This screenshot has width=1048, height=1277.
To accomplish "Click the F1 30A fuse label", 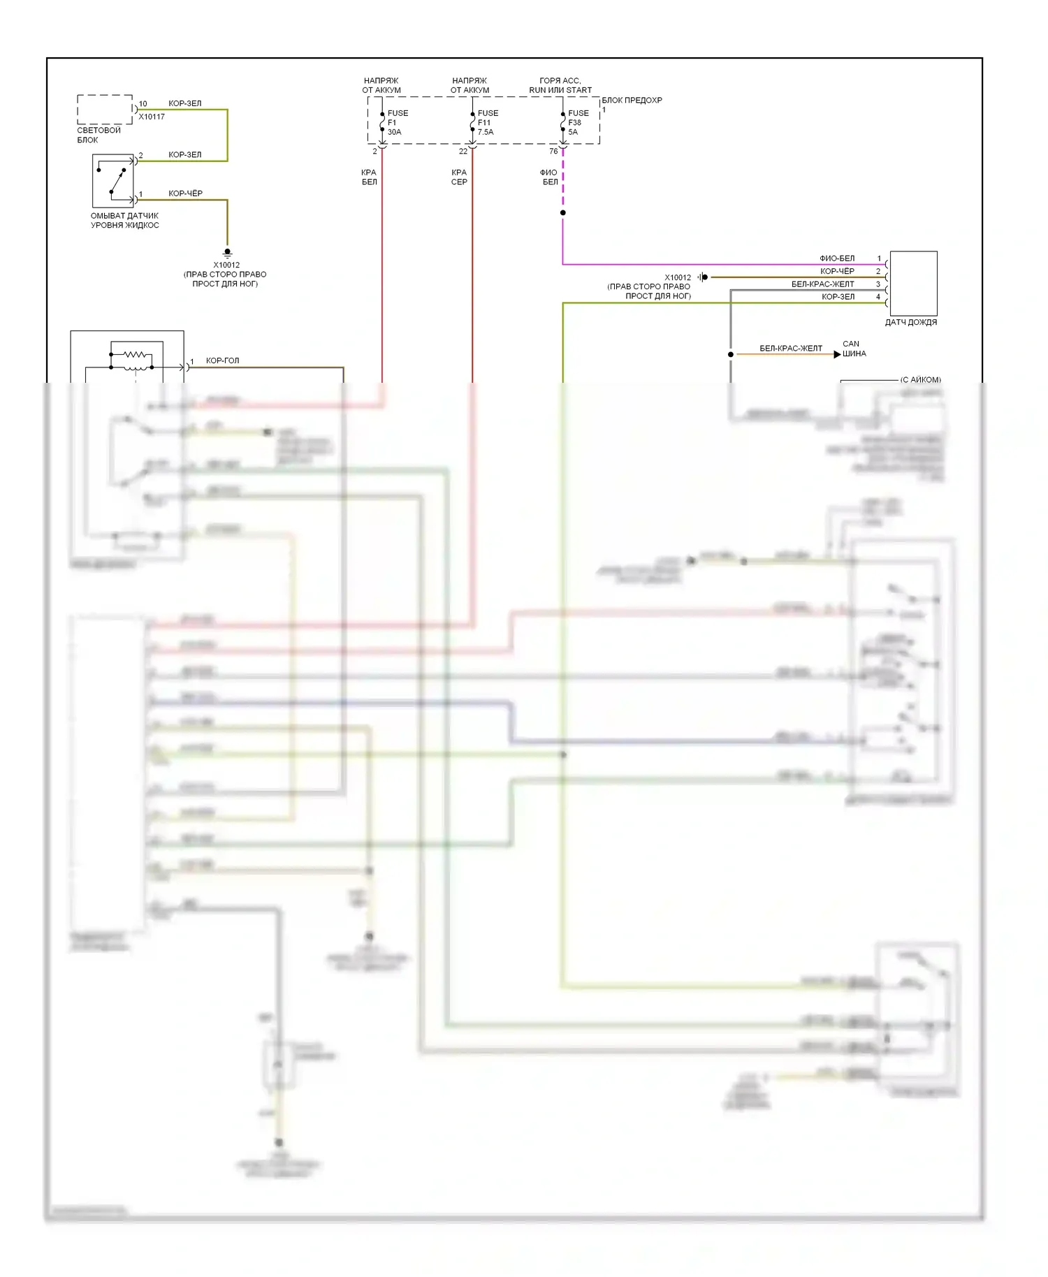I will pyautogui.click(x=396, y=122).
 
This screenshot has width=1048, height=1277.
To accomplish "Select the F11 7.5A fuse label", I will pyautogui.click(x=486, y=122).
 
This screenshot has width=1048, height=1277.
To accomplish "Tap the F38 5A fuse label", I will pyautogui.click(x=576, y=122).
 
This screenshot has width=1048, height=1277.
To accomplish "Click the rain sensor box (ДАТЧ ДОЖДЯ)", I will pyautogui.click(x=912, y=283).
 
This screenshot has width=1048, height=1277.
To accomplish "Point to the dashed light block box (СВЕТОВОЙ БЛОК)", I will pyautogui.click(x=105, y=110).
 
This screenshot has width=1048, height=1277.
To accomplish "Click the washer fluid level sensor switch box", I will pyautogui.click(x=113, y=180).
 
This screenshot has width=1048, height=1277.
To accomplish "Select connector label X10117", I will pyautogui.click(x=152, y=117).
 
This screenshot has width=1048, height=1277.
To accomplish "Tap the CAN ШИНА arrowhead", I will pyautogui.click(x=837, y=354).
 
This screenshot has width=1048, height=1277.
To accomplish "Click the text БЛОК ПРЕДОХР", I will pyautogui.click(x=632, y=100).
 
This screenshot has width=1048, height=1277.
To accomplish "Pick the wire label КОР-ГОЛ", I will pyautogui.click(x=222, y=360).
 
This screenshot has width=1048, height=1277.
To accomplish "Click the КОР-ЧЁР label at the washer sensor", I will pyautogui.click(x=185, y=194).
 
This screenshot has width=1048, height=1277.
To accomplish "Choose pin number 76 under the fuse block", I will pyautogui.click(x=553, y=152).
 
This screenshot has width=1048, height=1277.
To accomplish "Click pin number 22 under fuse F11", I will pyautogui.click(x=463, y=152).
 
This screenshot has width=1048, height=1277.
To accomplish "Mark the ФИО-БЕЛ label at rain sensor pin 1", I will pyautogui.click(x=836, y=258).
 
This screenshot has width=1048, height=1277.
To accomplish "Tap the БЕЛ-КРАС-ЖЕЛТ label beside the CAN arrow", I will pyautogui.click(x=791, y=348).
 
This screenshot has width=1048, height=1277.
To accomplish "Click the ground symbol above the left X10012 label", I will pyautogui.click(x=227, y=253).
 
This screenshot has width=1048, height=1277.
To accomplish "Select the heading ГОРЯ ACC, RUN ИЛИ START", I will pyautogui.click(x=560, y=85).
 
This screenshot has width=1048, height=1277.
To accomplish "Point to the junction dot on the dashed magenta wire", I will pyautogui.click(x=563, y=212).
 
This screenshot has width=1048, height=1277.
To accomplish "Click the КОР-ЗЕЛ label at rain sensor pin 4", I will pyautogui.click(x=838, y=297).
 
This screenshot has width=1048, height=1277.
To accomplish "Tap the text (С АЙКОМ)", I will pyautogui.click(x=920, y=380).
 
